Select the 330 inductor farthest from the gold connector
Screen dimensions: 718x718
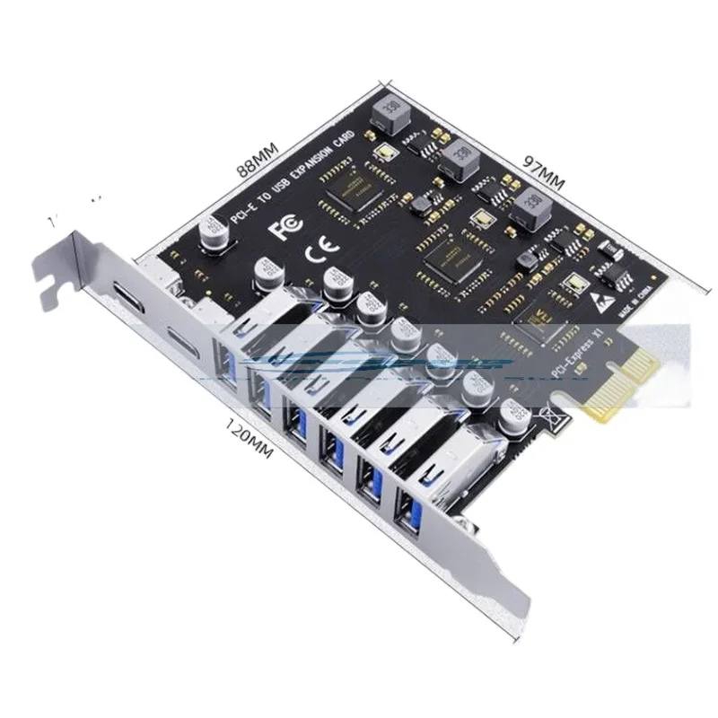pos(393,109)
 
